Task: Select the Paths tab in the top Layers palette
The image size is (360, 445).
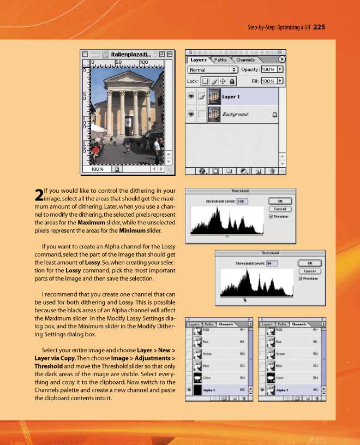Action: click(x=220, y=60)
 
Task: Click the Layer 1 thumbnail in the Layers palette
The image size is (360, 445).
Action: click(x=214, y=97)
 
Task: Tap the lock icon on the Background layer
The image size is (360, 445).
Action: click(x=274, y=115)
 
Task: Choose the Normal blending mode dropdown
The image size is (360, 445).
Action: click(x=213, y=70)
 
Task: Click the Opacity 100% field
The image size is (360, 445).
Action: click(x=268, y=70)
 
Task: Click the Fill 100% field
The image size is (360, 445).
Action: click(x=268, y=81)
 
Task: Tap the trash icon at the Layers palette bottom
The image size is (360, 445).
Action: click(x=271, y=171)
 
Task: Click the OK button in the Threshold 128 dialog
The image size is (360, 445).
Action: click(x=280, y=201)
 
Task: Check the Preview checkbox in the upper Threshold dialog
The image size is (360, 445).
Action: click(x=271, y=216)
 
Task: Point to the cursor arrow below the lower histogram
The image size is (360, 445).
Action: click(x=244, y=299)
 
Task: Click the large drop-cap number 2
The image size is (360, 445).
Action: click(x=38, y=194)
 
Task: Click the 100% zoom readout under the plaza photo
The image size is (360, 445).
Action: click(x=97, y=169)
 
